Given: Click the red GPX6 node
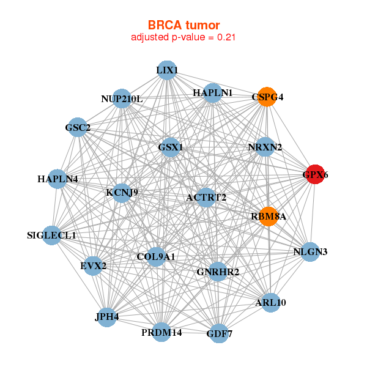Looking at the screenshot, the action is (315, 175).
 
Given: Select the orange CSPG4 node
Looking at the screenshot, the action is (267, 97).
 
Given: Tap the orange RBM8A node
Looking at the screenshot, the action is (269, 217).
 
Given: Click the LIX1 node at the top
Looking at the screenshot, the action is (167, 70).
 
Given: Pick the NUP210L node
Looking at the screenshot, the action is (122, 98).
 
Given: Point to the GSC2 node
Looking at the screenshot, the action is (78, 128).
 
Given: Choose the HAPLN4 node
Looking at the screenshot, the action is (57, 179).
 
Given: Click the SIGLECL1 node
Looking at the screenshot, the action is (52, 235).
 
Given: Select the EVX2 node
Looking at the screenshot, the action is (93, 265).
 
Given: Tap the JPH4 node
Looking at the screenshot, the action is (107, 317).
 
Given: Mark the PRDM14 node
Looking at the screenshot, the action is (161, 332).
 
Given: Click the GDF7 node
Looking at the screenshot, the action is (219, 333).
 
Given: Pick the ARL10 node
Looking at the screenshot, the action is (271, 302).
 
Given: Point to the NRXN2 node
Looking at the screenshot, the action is (265, 147).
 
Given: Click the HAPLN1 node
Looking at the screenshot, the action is (212, 93).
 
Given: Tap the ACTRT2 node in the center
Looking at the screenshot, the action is (207, 197).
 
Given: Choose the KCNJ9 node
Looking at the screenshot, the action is (122, 193).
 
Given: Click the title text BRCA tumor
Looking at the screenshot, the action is (183, 25).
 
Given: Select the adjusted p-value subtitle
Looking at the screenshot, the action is (183, 37).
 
